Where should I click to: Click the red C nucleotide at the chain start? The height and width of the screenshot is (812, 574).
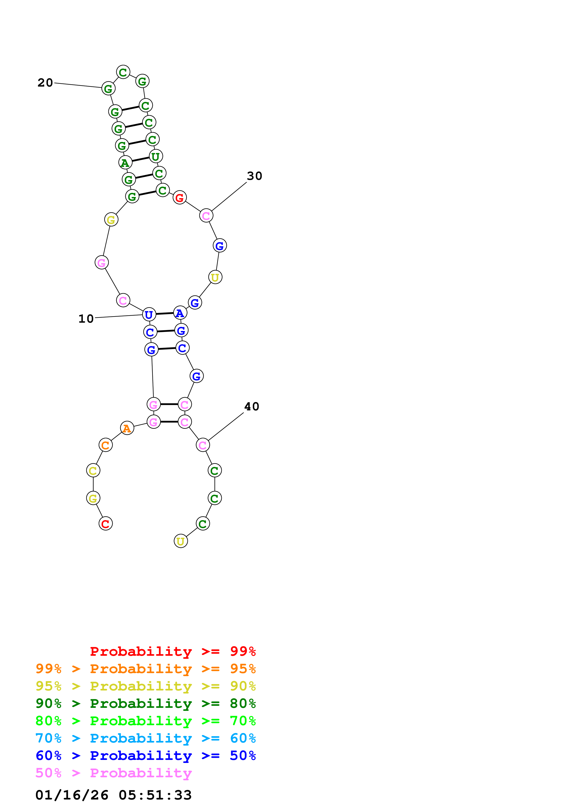(105, 524)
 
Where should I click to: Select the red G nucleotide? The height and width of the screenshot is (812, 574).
(180, 197)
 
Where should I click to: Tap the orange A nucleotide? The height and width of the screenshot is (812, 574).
(127, 428)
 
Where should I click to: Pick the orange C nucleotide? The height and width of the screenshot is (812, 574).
(105, 445)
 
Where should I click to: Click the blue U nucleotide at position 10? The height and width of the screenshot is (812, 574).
(149, 314)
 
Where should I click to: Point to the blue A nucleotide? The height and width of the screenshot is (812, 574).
(180, 313)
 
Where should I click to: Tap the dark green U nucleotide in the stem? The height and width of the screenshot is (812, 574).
(156, 156)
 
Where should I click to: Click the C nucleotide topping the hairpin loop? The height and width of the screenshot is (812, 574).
(123, 72)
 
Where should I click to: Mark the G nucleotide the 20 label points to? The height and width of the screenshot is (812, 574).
(108, 88)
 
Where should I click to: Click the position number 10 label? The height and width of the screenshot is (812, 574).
(86, 319)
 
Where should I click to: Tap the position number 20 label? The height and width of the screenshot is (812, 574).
(45, 83)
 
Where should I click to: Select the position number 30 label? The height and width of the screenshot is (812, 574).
(254, 176)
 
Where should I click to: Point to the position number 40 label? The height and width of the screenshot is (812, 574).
(251, 406)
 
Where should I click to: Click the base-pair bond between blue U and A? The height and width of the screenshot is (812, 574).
(164, 314)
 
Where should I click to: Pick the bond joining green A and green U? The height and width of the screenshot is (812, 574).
(140, 159)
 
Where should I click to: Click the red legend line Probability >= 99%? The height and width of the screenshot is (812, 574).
(173, 651)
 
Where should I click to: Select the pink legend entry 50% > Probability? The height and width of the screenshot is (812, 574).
(113, 773)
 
